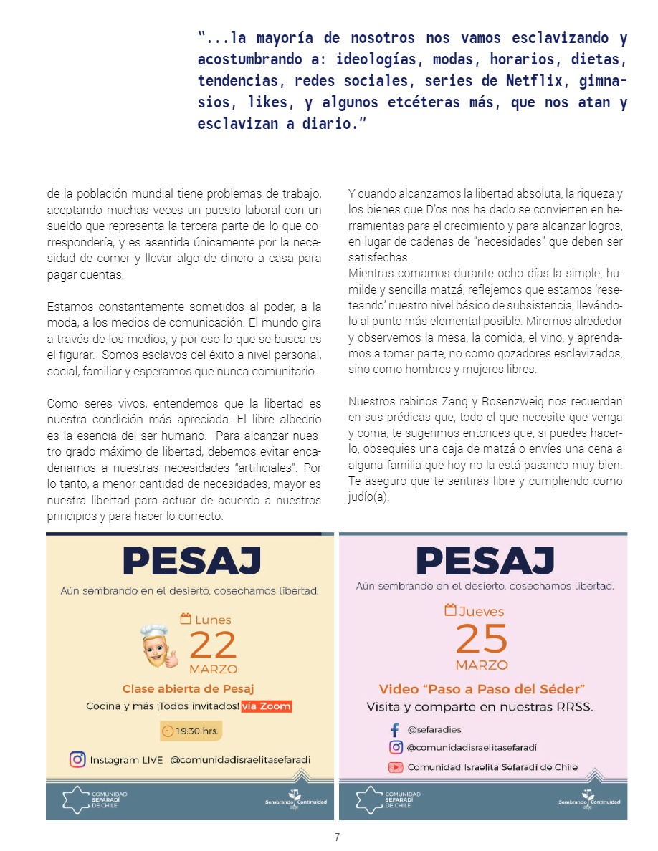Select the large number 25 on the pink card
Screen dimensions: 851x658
coord(481,638)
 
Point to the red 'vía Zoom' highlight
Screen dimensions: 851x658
coord(267,706)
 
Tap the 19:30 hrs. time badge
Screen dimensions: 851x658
coord(190,731)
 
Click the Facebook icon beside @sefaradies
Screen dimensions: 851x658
coord(394,730)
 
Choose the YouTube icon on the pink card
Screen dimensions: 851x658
coord(395,767)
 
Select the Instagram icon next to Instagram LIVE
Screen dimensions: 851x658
coord(77,760)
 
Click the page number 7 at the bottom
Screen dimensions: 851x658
coord(337,837)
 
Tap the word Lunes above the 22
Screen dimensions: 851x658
coord(213,620)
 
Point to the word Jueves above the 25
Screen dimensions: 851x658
coord(480,612)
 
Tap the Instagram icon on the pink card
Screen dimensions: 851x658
coord(395,748)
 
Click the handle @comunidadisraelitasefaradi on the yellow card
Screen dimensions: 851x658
coord(240,760)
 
